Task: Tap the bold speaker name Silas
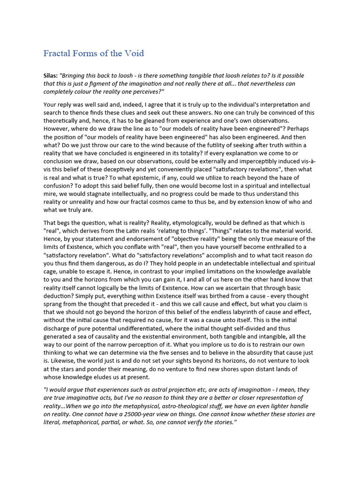(x=51, y=76)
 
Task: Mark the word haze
(x=276, y=178)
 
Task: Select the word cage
(x=51, y=272)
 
